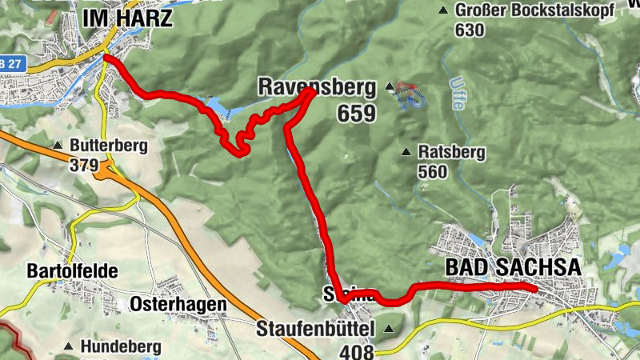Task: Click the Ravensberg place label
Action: (x=295, y=86)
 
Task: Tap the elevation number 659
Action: (x=356, y=114)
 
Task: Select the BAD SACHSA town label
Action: (x=512, y=267)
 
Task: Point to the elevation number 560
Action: (x=433, y=170)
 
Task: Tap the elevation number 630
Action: (x=470, y=30)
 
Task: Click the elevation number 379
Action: (x=83, y=166)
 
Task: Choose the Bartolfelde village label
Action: (x=72, y=271)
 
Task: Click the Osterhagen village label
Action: (x=178, y=305)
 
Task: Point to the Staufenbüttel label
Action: (x=316, y=329)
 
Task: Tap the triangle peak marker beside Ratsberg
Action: (x=407, y=151)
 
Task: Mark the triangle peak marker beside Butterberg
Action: (x=58, y=146)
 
